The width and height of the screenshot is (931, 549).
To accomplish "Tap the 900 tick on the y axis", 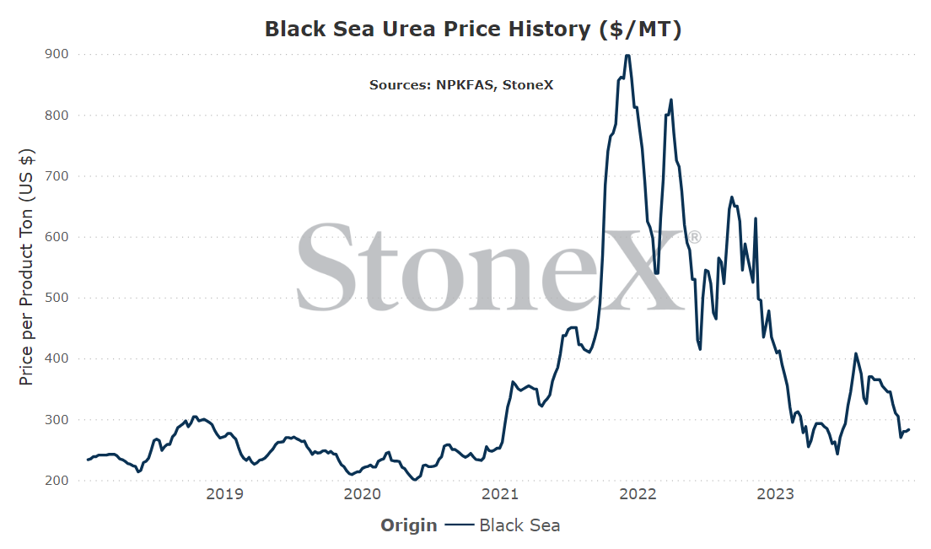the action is coord(57,54).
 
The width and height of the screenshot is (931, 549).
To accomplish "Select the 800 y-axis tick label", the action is coord(57,116).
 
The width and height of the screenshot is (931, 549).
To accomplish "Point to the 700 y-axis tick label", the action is coord(57,176).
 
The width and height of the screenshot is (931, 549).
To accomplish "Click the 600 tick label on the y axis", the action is coord(57,237).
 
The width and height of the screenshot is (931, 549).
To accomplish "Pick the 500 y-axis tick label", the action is coord(57,298).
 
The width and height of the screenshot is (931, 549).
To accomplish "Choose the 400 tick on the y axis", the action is coord(57,358).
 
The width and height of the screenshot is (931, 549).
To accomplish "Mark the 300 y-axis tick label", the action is coord(57,420).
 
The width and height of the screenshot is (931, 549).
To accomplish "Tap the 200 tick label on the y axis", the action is coord(57,480).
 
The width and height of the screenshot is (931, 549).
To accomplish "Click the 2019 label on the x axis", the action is coord(224,494).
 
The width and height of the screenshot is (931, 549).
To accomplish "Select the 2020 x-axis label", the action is coord(362,494).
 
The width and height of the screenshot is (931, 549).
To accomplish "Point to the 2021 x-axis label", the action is coord(500,494).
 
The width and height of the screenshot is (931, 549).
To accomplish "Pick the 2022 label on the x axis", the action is coord(638,494).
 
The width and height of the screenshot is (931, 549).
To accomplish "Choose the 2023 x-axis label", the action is coord(776,494).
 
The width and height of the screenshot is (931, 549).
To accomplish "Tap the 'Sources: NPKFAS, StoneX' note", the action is coord(461,85).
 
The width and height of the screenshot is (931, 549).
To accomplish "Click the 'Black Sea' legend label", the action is coord(519,525).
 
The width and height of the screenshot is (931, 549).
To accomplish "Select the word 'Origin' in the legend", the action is coord(408,526).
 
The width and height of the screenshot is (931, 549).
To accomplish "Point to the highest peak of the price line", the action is coord(627,55).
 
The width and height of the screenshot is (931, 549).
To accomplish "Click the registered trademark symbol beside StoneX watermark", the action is coord(695,238).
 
